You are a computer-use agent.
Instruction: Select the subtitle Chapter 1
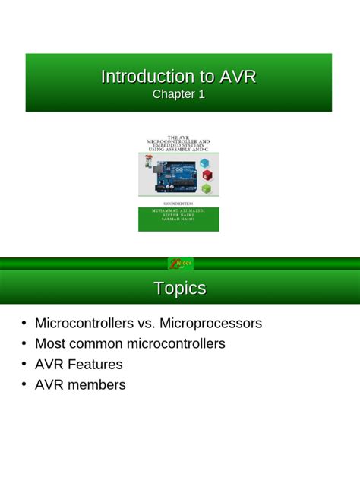178,94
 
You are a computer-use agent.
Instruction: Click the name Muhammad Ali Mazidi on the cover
178,210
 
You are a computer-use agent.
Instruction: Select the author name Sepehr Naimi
178,216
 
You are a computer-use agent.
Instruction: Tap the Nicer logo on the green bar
180,264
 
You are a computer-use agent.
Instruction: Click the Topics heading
180,289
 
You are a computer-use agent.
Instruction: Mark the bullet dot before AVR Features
24,364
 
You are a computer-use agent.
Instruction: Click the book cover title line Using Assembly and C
178,150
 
